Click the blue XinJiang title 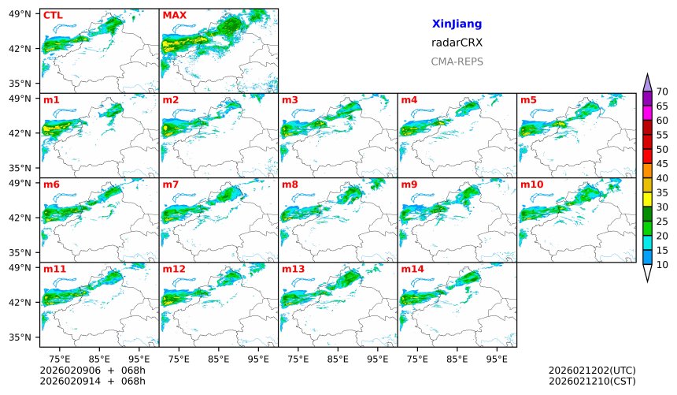pyautogui.click(x=457, y=24)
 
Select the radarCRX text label pyautogui.click(x=457, y=43)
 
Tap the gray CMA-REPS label pyautogui.click(x=457, y=61)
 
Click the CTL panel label pyautogui.click(x=53, y=15)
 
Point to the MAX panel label pyautogui.click(x=174, y=15)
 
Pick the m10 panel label pyautogui.click(x=531, y=184)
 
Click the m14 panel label pyautogui.click(x=412, y=269)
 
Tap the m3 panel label pyautogui.click(x=290, y=100)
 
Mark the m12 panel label pyautogui.click(x=174, y=269)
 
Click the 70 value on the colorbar pyautogui.click(x=662, y=92)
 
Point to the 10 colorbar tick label pyautogui.click(x=662, y=265)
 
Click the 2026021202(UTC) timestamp pyautogui.click(x=592, y=371)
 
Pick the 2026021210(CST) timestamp pyautogui.click(x=592, y=382)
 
